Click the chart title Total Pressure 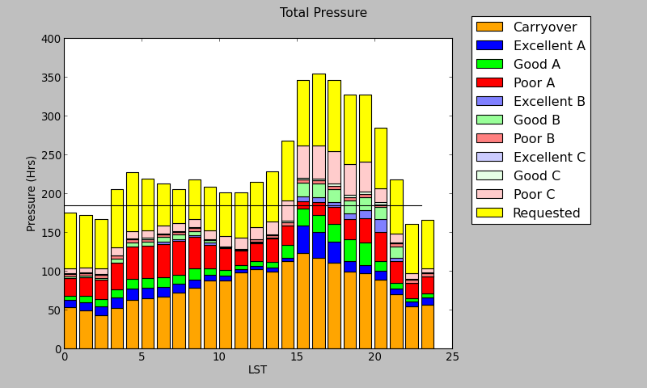click(323, 13)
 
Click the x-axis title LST click(257, 369)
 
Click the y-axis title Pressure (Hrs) click(32, 193)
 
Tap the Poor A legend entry click(534, 82)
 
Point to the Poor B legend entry click(534, 138)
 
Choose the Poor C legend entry click(534, 194)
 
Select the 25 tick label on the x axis click(452, 356)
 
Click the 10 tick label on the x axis click(219, 356)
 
